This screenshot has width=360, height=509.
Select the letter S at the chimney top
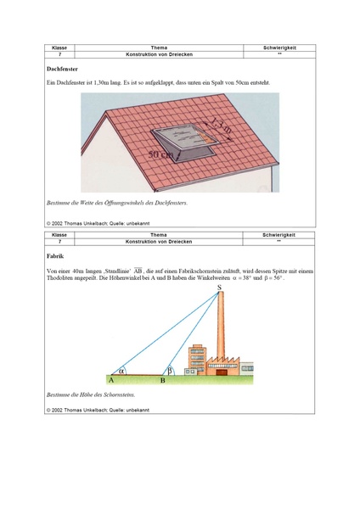click(219, 290)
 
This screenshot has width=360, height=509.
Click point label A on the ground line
click(111, 382)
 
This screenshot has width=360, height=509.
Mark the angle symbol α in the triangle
click(121, 370)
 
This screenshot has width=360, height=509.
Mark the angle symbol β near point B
click(170, 370)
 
